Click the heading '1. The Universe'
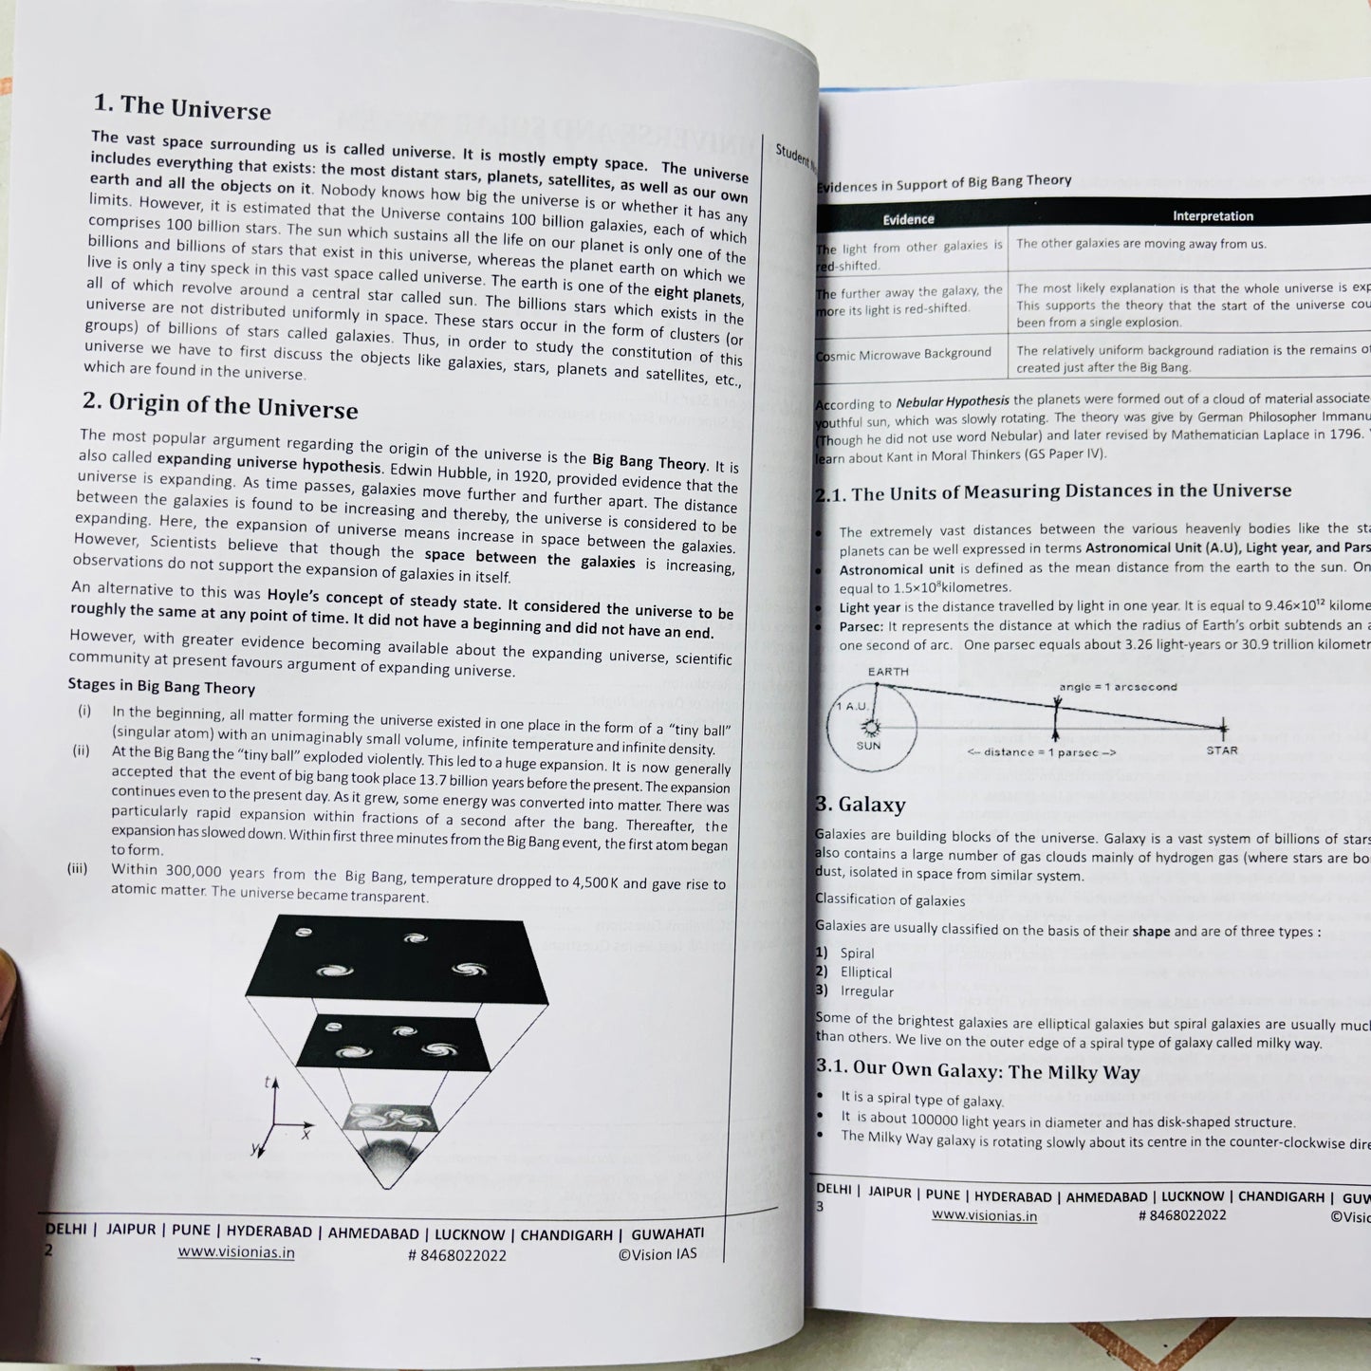182,107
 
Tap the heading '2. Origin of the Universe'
220,405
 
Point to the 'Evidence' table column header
908,219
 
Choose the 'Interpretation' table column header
1213,216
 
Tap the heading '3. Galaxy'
861,805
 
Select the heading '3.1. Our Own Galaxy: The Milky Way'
977,1069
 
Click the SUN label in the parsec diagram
868,746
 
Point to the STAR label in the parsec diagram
1222,750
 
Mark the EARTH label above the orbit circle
888,672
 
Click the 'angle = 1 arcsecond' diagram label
1118,686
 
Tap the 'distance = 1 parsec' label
1041,752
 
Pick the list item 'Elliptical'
865,973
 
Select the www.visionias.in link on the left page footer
236,1252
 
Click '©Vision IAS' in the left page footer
658,1254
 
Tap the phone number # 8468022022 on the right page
1182,1215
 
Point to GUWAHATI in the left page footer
668,1233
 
